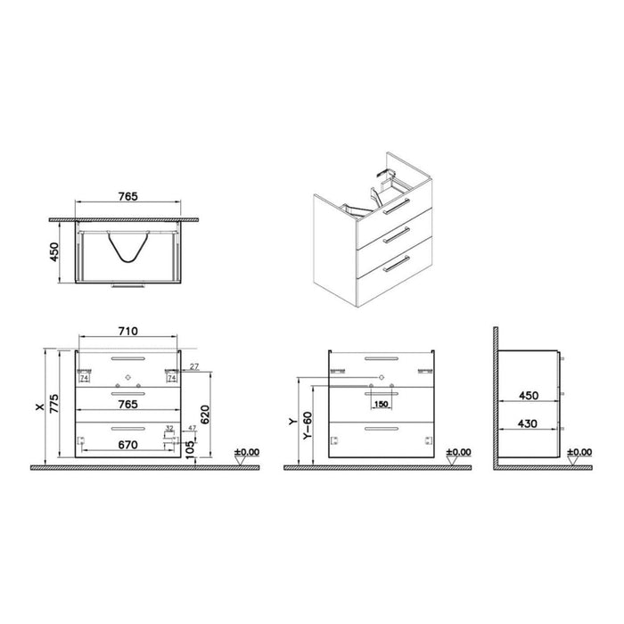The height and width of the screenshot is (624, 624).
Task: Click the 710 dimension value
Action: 127,331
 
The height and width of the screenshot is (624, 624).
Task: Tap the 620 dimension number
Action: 204,413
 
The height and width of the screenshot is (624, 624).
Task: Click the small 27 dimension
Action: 194,366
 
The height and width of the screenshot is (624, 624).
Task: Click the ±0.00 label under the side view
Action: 579,452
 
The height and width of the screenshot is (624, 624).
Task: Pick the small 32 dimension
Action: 168,429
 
